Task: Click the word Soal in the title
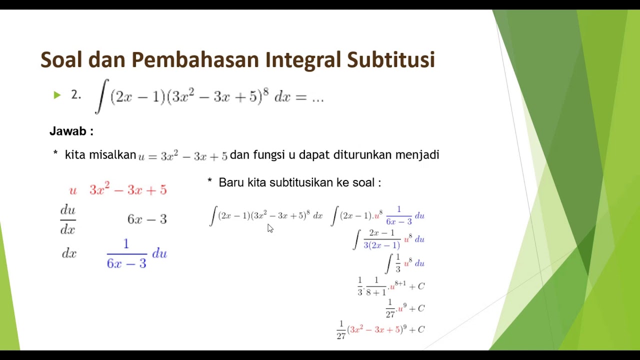62,59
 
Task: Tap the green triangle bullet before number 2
57,94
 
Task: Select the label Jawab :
71,131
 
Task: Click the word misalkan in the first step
112,155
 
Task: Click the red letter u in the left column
73,190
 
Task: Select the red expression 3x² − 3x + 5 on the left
128,190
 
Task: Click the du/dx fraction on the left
68,219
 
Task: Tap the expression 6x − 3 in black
147,219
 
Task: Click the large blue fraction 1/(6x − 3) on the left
126,253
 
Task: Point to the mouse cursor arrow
269,227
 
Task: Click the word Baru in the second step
231,183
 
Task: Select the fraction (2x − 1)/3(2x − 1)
381,239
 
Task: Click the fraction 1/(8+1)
376,286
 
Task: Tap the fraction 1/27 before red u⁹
390,308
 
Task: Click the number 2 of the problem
75,94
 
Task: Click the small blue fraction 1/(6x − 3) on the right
398,215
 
